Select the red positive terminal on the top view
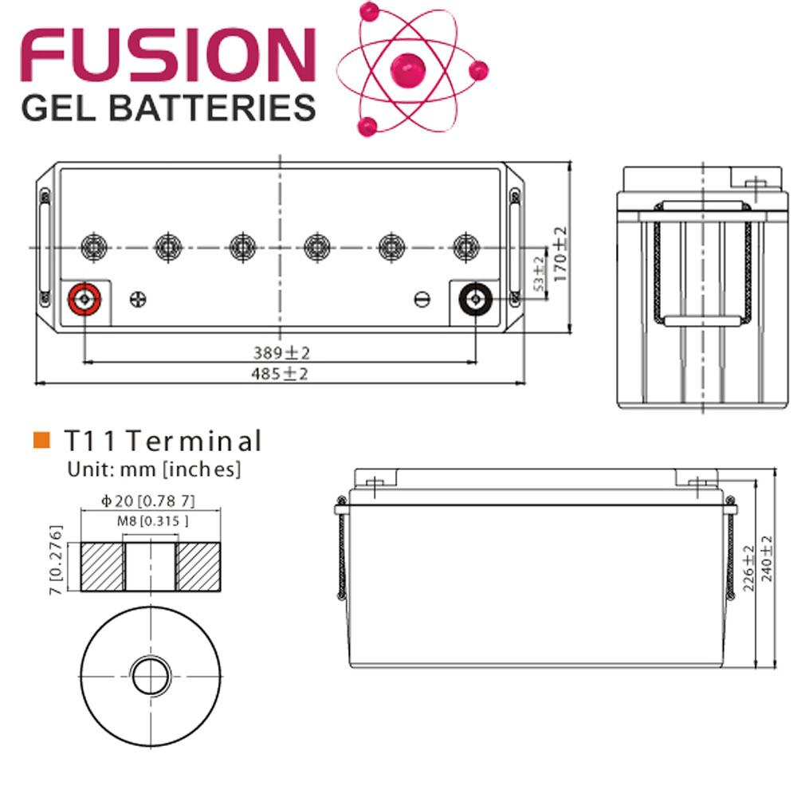84,300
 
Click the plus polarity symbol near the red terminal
138,300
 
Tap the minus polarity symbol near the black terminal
422,300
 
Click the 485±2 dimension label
281,374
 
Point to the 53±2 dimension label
538,273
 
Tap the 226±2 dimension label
747,568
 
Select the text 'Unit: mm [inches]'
153,469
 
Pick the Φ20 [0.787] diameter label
149,501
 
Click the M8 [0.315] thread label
149,521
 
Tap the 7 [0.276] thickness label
56,560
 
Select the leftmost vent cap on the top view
92,246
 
